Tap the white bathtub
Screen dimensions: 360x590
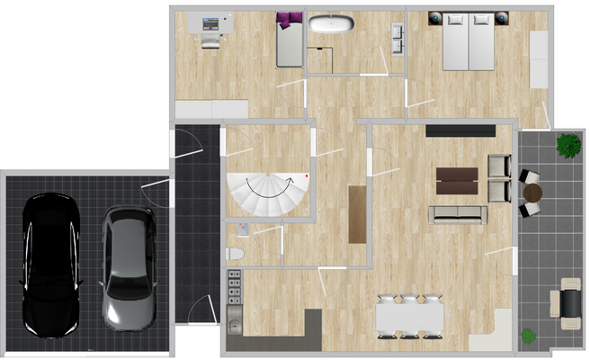[x=331, y=24]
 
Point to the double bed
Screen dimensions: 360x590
[x=469, y=41]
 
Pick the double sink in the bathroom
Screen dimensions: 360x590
[x=397, y=35]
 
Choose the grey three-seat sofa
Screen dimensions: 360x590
[x=458, y=214]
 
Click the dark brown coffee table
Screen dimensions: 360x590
[x=457, y=180]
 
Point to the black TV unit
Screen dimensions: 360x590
[x=460, y=130]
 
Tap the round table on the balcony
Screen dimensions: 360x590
[x=534, y=193]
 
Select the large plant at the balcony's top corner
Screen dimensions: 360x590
[x=568, y=143]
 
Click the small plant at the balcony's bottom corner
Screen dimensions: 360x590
[x=529, y=336]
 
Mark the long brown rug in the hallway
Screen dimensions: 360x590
[x=357, y=214]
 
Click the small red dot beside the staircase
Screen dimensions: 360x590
[x=308, y=175]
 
